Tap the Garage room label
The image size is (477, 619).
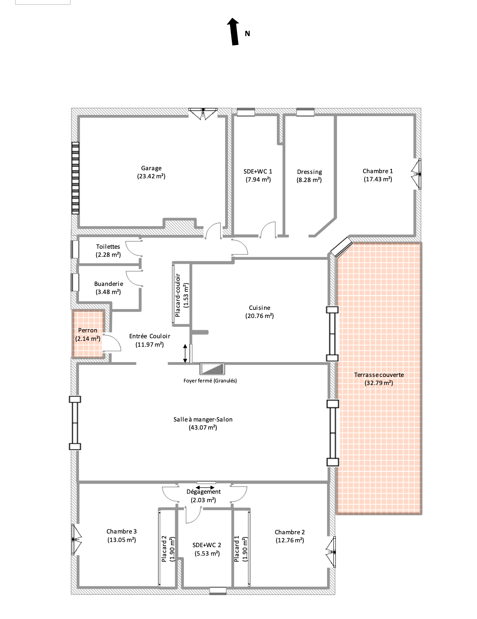pos(151,168)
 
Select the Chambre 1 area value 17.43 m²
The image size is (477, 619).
pos(378,179)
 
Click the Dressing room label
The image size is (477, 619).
pos(310,172)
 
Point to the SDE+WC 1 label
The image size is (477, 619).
pos(258,171)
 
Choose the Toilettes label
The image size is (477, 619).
pos(108,246)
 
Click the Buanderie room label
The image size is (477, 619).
pos(108,284)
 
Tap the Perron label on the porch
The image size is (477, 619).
pos(88,331)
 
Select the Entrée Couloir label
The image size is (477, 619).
pos(150,336)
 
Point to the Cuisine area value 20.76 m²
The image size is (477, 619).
pos(260,316)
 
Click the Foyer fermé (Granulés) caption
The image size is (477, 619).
pos(210,381)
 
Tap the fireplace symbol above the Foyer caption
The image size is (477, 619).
pos(212,368)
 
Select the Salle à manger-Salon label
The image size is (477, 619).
pos(203,419)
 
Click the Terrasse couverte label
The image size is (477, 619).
pos(379,375)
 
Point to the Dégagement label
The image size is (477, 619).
pos(203,492)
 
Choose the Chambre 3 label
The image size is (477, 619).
pos(122,531)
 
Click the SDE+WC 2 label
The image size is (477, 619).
pos(207,545)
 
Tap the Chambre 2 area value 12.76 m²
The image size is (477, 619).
pos(290,540)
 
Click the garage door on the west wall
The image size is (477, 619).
pos(75,178)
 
